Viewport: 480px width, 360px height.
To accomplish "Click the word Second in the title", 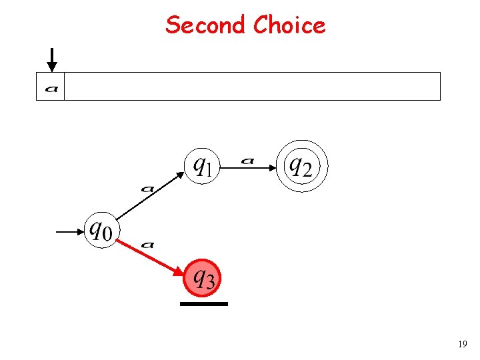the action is [206, 25].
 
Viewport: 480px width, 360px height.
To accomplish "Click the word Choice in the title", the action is [289, 25].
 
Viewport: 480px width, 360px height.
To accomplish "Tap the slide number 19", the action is [462, 344].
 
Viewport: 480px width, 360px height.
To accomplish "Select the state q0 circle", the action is [101, 231].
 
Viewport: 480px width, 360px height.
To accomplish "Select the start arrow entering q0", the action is [69, 232].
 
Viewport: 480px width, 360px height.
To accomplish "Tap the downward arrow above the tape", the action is [52, 59].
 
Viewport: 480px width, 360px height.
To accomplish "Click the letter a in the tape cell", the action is [51, 87].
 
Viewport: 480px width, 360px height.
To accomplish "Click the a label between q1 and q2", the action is [248, 161].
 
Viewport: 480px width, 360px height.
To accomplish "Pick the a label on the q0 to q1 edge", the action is [148, 189].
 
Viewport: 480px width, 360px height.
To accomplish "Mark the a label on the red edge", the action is [148, 245].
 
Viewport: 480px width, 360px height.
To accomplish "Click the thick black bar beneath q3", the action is [203, 304].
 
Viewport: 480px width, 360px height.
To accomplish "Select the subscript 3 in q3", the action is [210, 283].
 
